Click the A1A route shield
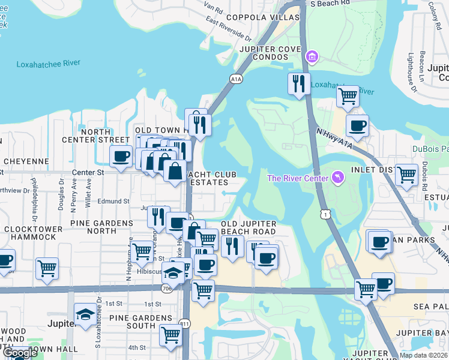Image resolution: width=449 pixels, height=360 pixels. [236, 78]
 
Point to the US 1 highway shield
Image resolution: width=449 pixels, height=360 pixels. [325, 214]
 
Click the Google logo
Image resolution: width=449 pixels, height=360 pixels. [20, 353]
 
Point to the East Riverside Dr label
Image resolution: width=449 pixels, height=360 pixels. [228, 28]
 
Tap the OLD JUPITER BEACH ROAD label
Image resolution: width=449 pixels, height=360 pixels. [249, 227]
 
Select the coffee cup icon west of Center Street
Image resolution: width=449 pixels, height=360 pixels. [121, 156]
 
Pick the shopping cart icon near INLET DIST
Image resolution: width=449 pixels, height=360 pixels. [406, 175]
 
